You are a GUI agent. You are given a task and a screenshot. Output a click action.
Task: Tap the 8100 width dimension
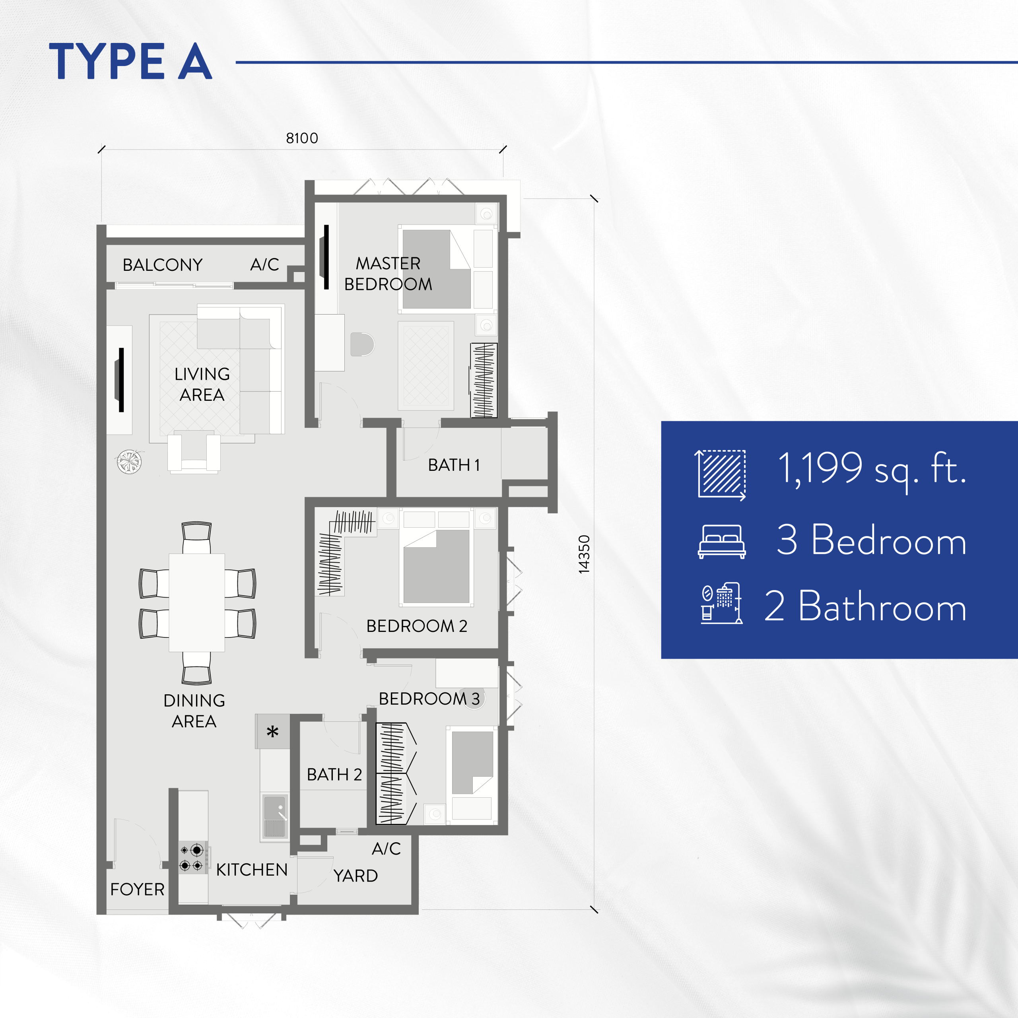[302, 138]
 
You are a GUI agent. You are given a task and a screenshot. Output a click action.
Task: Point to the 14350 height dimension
[584, 554]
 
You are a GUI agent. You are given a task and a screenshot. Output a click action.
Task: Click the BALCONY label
[162, 264]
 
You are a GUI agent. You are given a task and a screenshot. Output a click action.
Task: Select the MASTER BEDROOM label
[389, 274]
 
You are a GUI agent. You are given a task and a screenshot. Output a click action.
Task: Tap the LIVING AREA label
[202, 384]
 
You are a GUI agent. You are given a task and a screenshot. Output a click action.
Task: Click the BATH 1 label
[454, 465]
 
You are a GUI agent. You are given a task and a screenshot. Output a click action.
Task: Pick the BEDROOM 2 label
[417, 626]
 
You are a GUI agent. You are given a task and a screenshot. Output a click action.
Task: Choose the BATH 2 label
[334, 774]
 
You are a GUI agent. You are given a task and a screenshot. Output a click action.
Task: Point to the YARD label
[356, 875]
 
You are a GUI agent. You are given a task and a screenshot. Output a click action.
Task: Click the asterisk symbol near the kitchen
[272, 732]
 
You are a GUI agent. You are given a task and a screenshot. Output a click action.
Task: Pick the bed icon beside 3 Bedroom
[721, 541]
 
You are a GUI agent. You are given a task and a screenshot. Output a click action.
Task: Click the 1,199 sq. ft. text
[872, 468]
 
